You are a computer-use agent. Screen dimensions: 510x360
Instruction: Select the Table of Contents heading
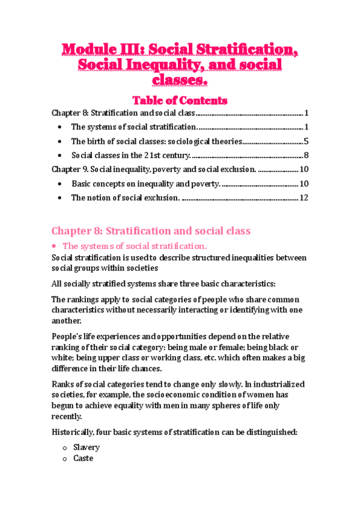[180, 100]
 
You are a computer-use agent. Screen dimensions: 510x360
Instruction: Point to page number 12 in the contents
[304, 198]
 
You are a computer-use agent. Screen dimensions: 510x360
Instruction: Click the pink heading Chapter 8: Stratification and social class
[151, 231]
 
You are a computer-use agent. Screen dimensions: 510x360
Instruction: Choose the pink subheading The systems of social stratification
[135, 245]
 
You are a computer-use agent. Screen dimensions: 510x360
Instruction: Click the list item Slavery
[87, 447]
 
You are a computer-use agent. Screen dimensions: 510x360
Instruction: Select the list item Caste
[84, 458]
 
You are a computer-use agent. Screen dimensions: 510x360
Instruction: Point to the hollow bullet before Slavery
[64, 448]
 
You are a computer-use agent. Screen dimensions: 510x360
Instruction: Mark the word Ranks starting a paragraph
[63, 384]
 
